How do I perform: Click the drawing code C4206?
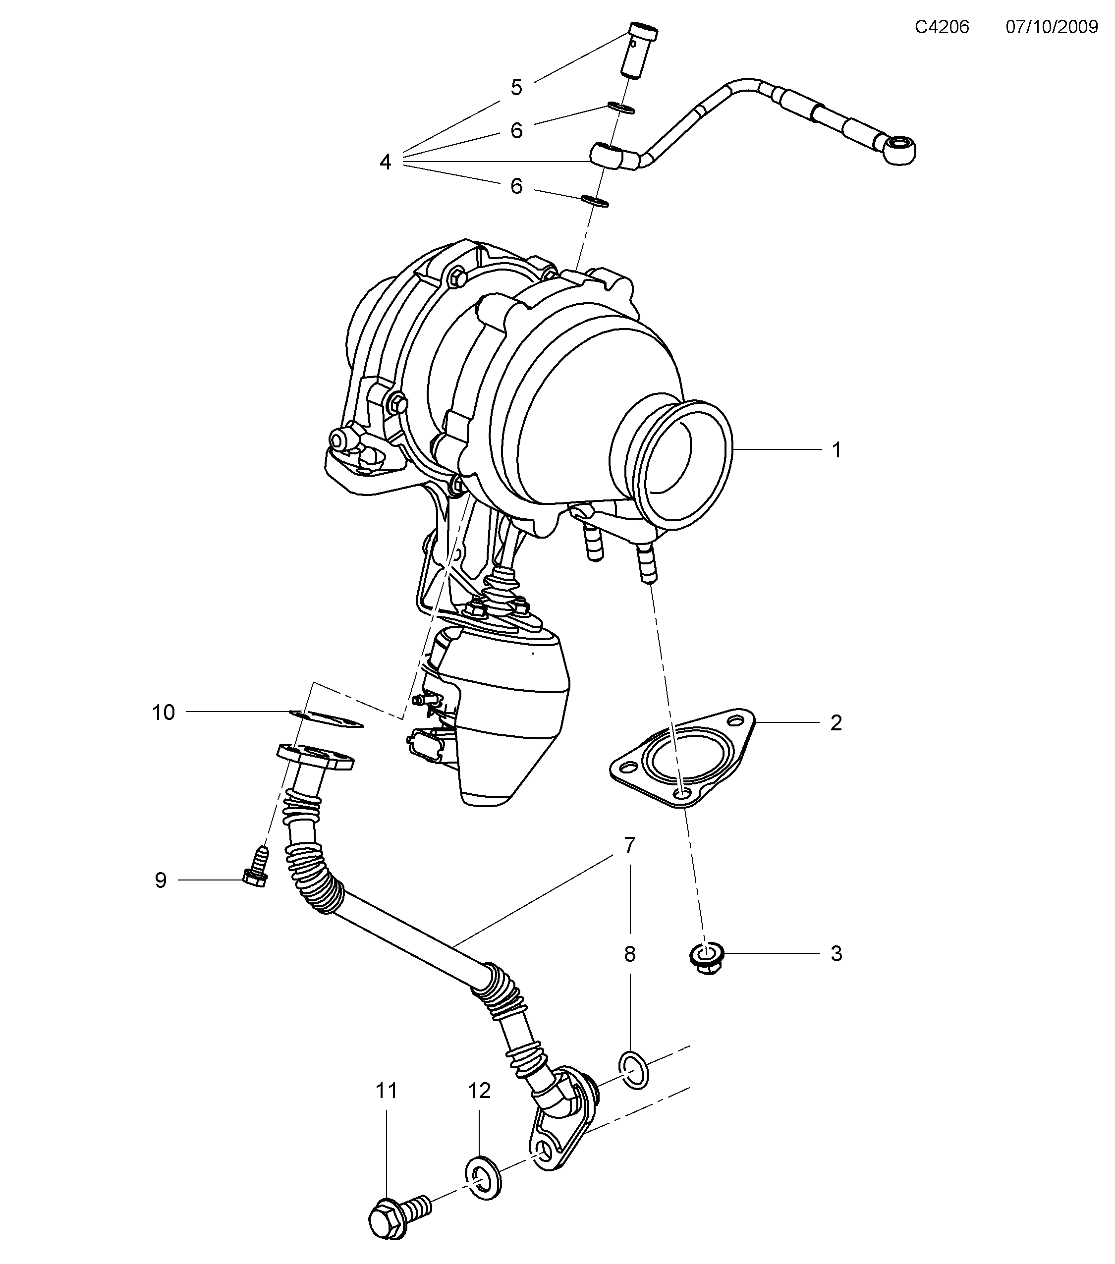(942, 27)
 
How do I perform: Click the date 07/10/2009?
(1051, 27)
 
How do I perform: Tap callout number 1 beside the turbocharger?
(836, 450)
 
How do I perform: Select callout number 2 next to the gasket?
(836, 722)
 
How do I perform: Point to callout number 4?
(385, 163)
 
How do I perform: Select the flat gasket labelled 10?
(326, 718)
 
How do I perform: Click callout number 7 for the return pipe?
(629, 845)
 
